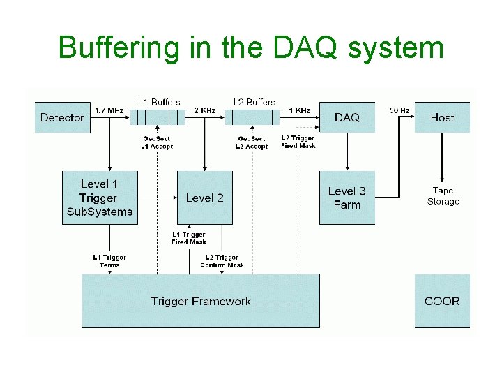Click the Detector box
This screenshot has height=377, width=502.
(62, 117)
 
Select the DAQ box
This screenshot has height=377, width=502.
(347, 117)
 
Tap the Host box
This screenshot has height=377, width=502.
(442, 117)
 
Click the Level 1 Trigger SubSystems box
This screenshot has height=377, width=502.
(98, 198)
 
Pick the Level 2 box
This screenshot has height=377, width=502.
(204, 198)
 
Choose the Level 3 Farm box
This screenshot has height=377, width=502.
(347, 198)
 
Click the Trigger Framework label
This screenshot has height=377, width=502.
(200, 301)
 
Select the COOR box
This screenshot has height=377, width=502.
(442, 301)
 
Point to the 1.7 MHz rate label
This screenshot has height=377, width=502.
(109, 110)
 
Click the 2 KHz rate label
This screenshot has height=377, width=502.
(205, 110)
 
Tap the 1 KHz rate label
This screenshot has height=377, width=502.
(300, 110)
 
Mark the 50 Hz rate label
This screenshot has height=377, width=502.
(399, 110)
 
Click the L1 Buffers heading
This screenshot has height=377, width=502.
(159, 102)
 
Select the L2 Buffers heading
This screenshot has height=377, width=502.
(254, 102)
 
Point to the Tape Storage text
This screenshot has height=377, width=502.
(443, 196)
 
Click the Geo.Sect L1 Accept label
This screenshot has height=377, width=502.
(156, 142)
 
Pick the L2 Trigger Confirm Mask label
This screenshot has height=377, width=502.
(222, 261)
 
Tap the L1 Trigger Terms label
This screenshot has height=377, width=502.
(109, 261)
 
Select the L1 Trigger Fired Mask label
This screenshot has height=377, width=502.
(189, 238)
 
